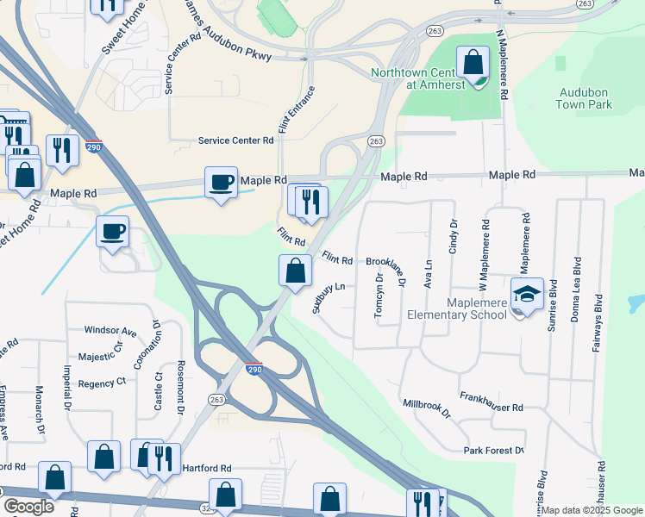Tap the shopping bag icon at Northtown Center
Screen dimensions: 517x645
point(473,62)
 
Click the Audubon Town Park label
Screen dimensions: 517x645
point(585,98)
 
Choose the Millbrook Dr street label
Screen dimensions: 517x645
point(427,408)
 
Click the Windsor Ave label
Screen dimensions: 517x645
point(110,331)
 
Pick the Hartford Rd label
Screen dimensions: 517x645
point(207,468)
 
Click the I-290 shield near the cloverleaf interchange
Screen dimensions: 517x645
point(254,367)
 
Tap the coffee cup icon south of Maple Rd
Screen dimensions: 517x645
point(113,231)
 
